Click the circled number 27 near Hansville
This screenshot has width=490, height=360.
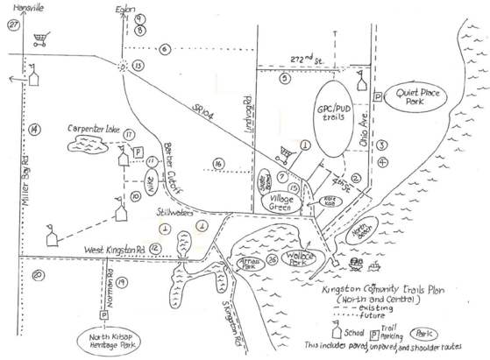[x=12, y=25]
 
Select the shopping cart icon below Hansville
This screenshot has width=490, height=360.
[x=39, y=39]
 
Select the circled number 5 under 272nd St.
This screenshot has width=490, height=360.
[x=285, y=78]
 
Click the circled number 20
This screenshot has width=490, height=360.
[x=37, y=277]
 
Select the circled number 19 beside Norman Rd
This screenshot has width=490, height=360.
[x=122, y=282]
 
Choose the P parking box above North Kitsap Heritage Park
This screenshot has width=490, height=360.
[x=103, y=314]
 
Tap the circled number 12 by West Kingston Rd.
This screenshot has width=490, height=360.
[x=153, y=249]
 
